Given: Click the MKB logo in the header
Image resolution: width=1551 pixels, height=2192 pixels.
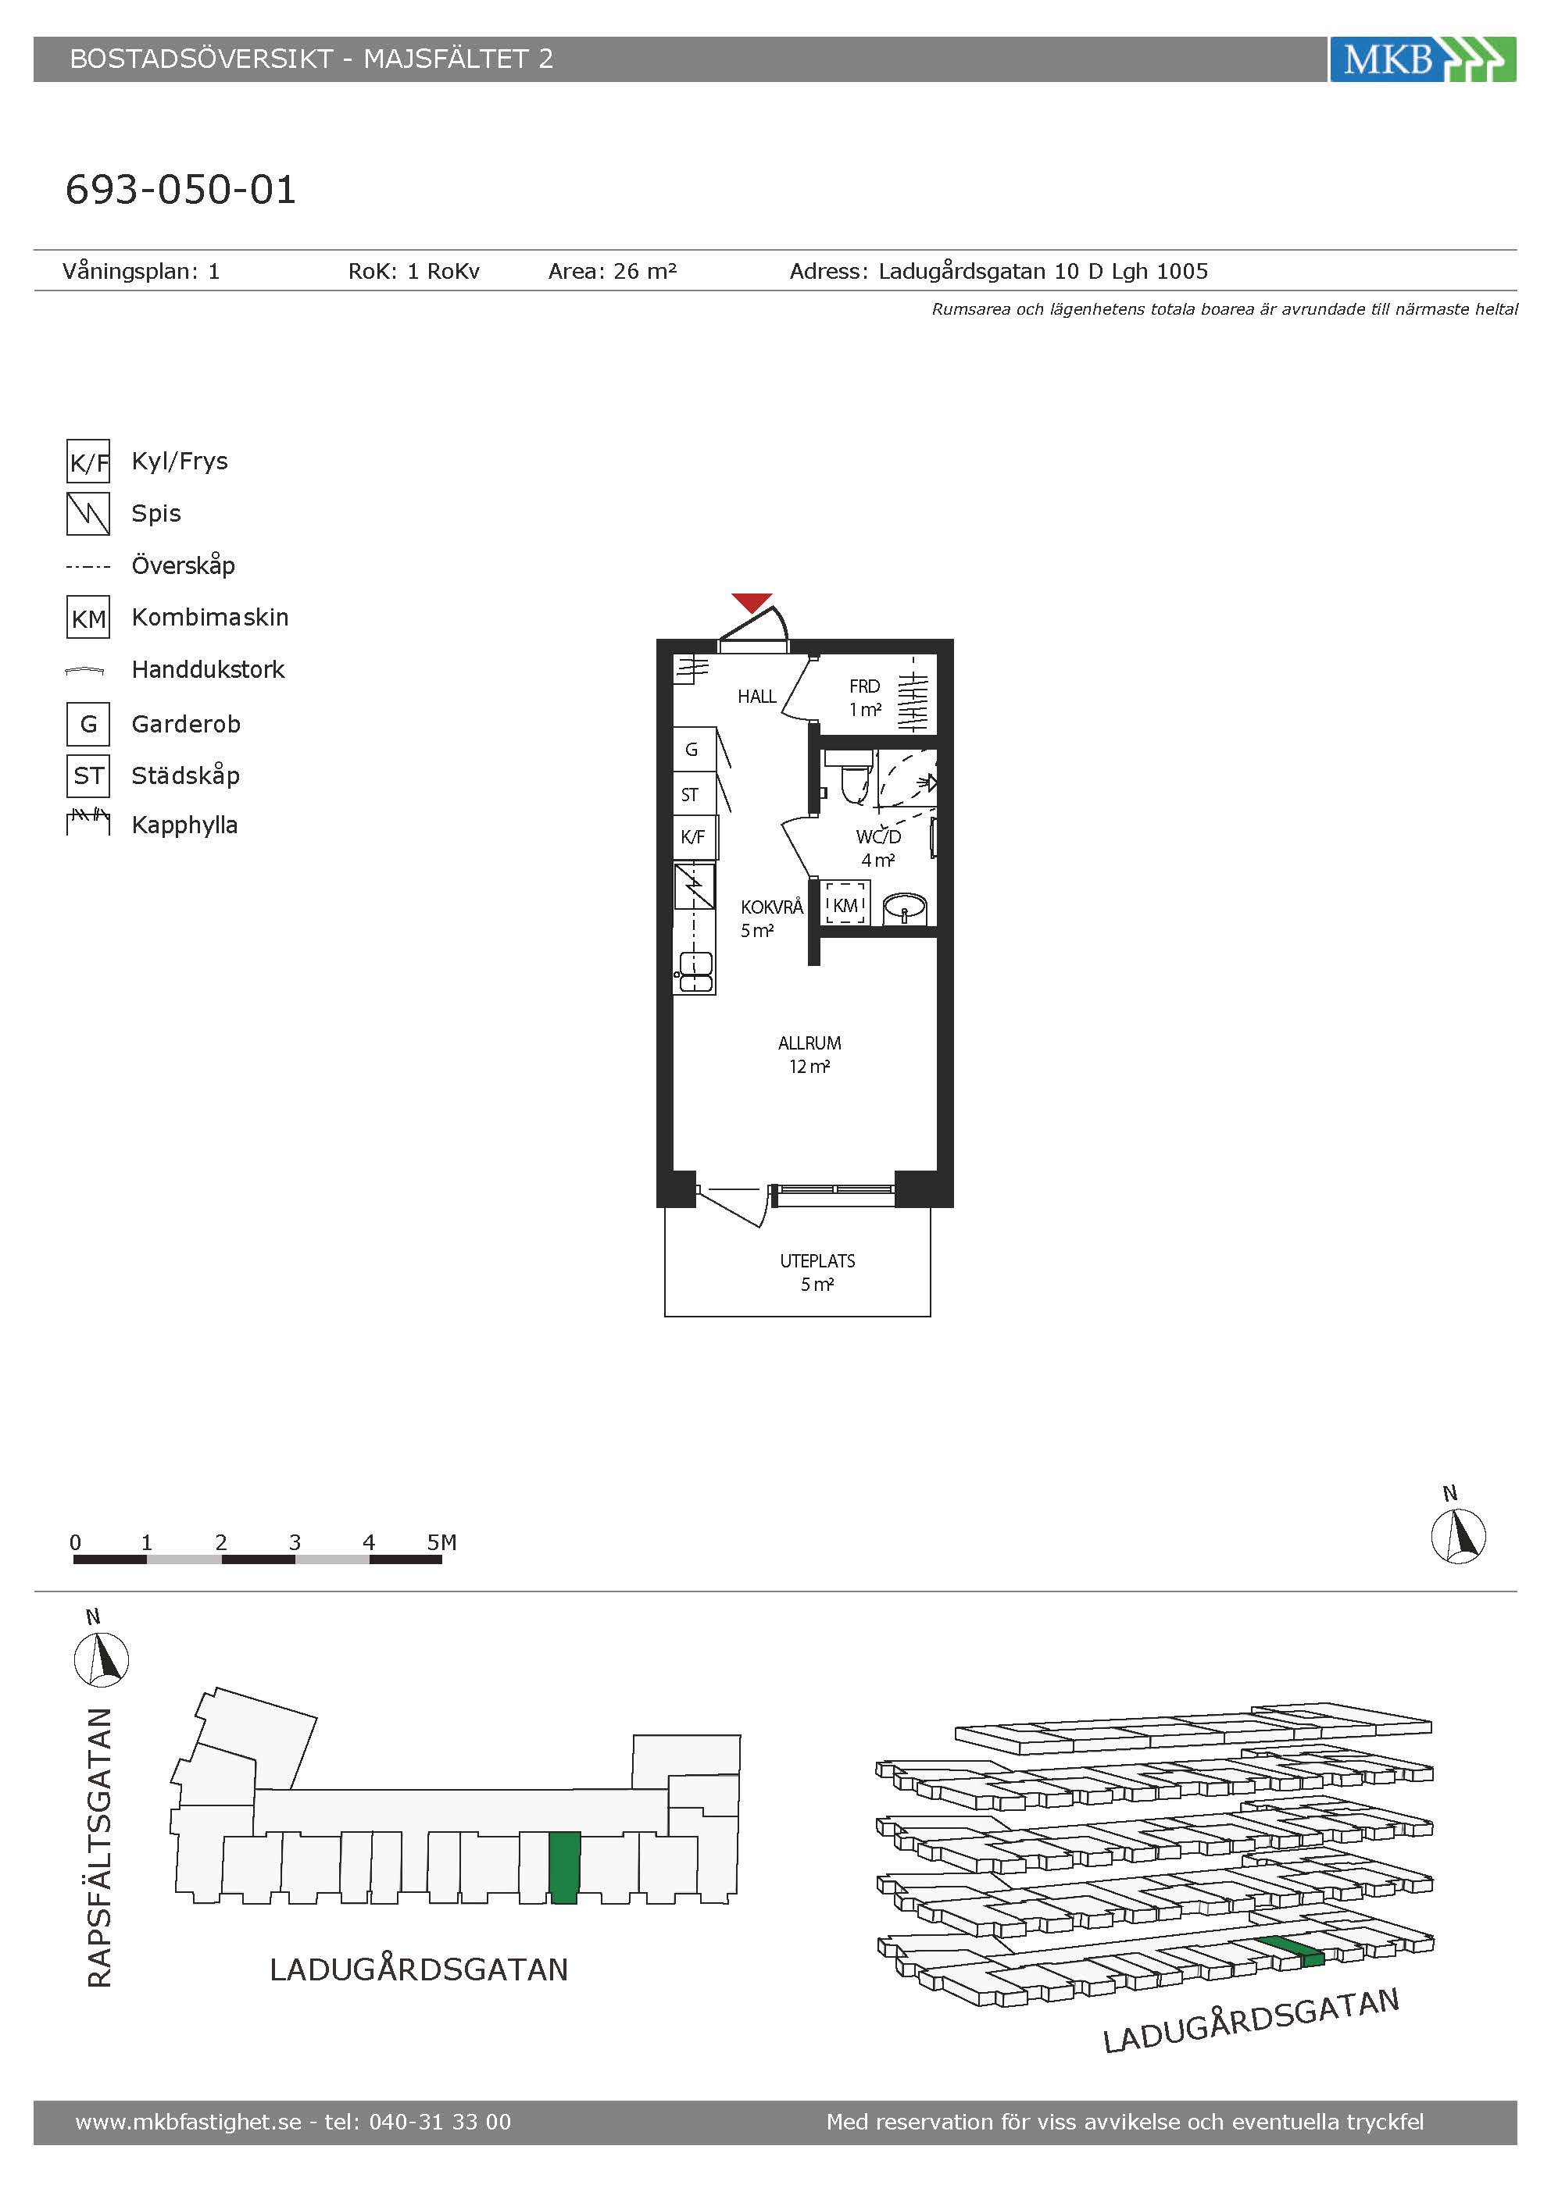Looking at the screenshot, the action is [x=1422, y=59].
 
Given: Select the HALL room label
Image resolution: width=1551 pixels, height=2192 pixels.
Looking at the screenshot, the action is [x=756, y=697].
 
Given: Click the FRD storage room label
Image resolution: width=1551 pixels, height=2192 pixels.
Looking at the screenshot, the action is [x=864, y=686].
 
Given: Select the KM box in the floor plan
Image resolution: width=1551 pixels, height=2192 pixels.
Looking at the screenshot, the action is [x=845, y=904].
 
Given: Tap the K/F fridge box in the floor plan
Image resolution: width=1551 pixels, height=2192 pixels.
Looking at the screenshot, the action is [x=693, y=837].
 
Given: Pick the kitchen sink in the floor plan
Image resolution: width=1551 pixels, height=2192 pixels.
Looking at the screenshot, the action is [x=695, y=973].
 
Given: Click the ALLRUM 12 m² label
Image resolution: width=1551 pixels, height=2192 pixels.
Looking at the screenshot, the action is [x=809, y=1055].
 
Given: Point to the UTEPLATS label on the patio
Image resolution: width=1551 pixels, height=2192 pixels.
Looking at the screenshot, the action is [x=817, y=1261].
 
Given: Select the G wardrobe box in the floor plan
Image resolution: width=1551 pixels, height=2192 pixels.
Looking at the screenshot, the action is [x=693, y=750].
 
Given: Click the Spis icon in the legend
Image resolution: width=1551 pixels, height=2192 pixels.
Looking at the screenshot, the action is [x=88, y=514].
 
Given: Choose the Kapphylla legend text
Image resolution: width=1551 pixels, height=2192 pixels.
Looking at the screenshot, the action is [x=184, y=826].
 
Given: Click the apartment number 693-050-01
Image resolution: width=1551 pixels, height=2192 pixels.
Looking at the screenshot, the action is [x=180, y=190].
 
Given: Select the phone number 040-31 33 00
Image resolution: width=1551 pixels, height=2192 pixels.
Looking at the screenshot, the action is [x=440, y=2122].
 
